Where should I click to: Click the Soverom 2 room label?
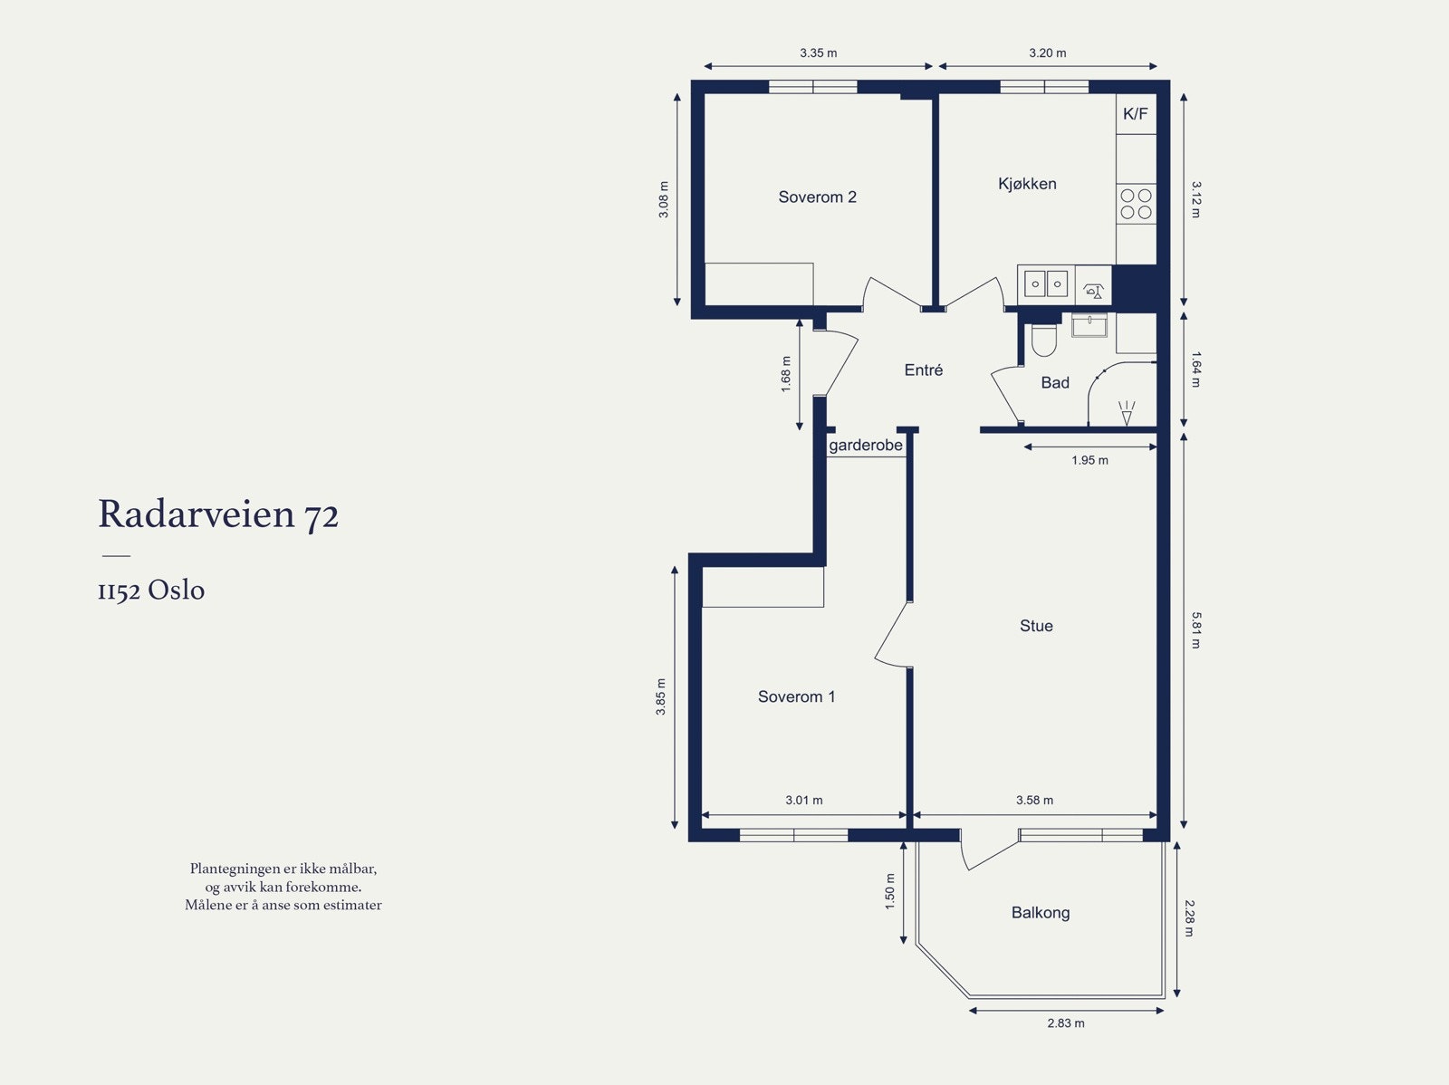coord(817,197)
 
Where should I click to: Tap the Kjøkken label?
coord(1027,184)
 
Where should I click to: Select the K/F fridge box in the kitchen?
coord(1136,114)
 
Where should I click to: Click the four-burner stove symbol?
coord(1136,204)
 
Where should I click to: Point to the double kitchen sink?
coord(1046,284)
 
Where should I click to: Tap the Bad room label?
coord(1055,383)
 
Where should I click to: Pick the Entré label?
coord(924,370)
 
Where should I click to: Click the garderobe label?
coord(866,446)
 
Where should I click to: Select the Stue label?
coord(1036,626)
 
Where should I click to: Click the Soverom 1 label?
coord(796,696)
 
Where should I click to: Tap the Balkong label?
coord(1041,913)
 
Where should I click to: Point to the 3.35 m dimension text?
coord(819,53)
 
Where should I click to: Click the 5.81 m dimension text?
coord(1195,630)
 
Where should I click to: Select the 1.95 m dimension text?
coord(1089,460)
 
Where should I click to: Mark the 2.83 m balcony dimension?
coord(1065,1023)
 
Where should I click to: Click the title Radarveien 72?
coord(218,514)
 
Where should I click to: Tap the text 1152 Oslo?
coord(151,590)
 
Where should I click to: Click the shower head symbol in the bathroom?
coord(1127,413)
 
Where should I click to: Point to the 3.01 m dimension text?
coord(804,800)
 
